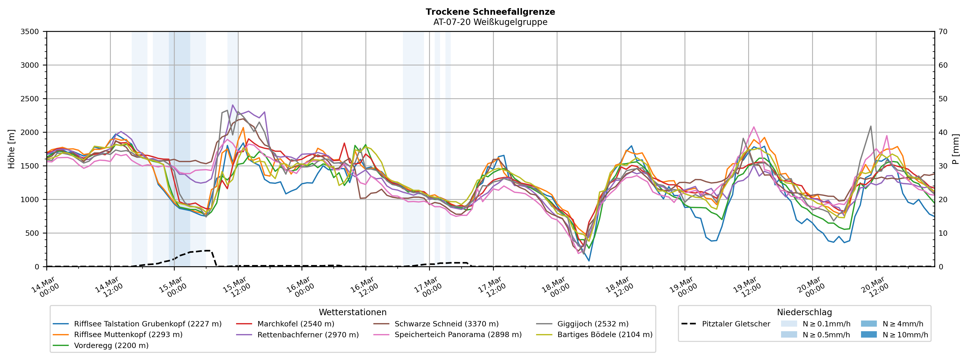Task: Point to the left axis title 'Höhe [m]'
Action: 11,149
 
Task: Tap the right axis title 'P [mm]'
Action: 956,149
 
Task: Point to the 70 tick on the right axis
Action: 943,32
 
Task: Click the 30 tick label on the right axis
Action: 943,166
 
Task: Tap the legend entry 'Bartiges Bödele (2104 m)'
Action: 605,335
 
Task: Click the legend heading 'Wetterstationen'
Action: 352,312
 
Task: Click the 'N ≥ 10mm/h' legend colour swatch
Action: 868,335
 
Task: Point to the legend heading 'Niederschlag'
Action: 804,312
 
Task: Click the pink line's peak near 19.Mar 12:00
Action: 753,127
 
